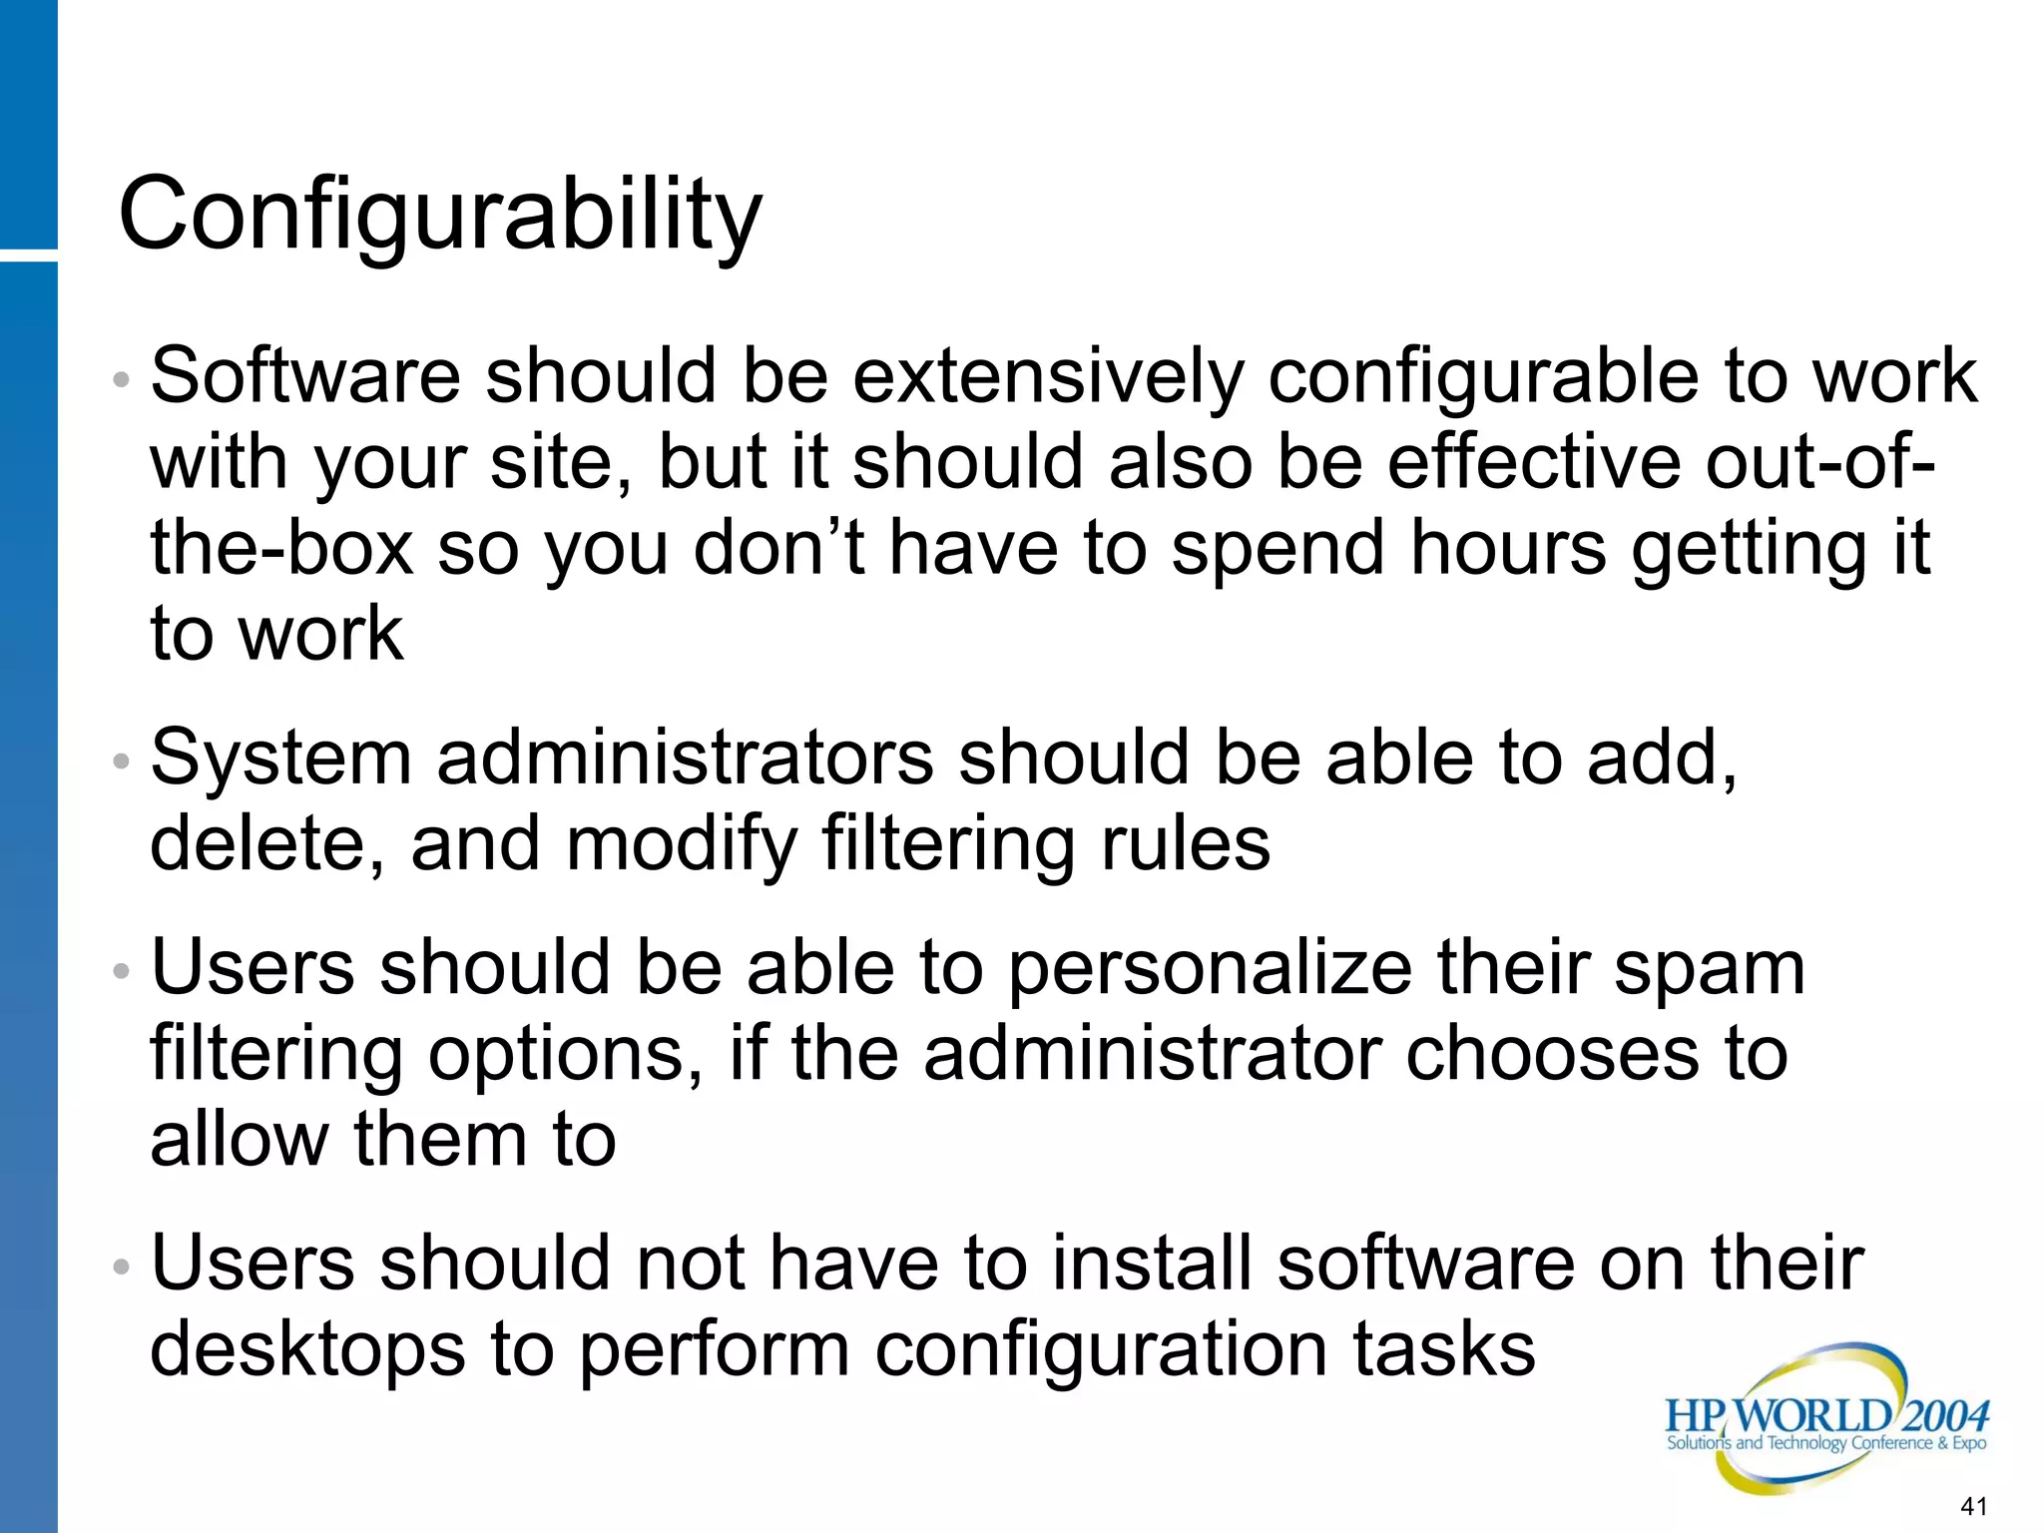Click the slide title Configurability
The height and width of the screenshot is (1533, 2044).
tap(440, 215)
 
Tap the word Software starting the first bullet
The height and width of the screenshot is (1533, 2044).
tap(305, 377)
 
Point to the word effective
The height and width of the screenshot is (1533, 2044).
tap(1534, 463)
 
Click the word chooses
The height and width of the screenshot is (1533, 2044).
tap(1558, 1055)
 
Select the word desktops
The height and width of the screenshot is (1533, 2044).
tap(307, 1350)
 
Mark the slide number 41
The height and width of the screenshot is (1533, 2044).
tap(1974, 1506)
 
